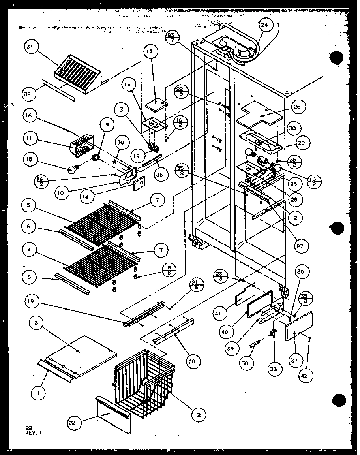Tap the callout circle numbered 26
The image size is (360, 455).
(296, 107)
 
